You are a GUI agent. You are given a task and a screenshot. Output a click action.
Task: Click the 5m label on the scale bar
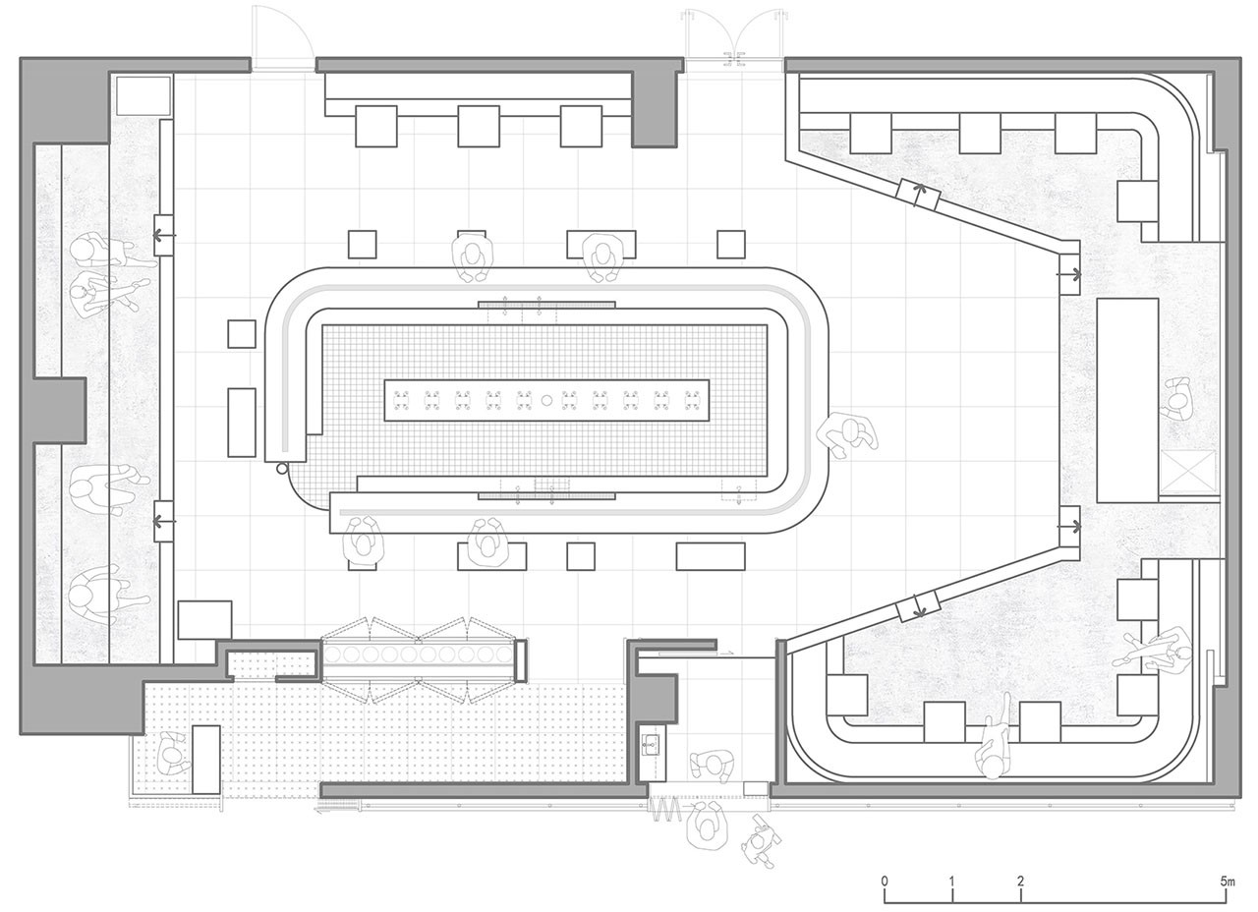tap(1228, 882)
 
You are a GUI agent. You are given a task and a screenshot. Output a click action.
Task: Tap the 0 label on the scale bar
tap(886, 882)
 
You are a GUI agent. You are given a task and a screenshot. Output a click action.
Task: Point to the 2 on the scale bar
tap(1020, 882)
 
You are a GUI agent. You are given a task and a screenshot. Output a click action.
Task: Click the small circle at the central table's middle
tap(546, 400)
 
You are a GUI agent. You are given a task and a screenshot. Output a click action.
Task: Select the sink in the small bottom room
tap(652, 744)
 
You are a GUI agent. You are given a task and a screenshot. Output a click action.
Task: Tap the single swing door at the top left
tap(281, 36)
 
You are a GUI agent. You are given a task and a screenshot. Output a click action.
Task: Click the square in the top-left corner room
tap(143, 96)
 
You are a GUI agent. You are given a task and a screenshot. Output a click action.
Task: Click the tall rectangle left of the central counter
tap(242, 422)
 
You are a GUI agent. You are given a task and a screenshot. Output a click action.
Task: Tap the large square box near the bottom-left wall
tap(204, 619)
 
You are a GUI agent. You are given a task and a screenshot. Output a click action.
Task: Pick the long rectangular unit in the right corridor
tap(1127, 400)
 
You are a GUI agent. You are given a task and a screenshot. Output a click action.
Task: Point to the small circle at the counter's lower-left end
tap(281, 469)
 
